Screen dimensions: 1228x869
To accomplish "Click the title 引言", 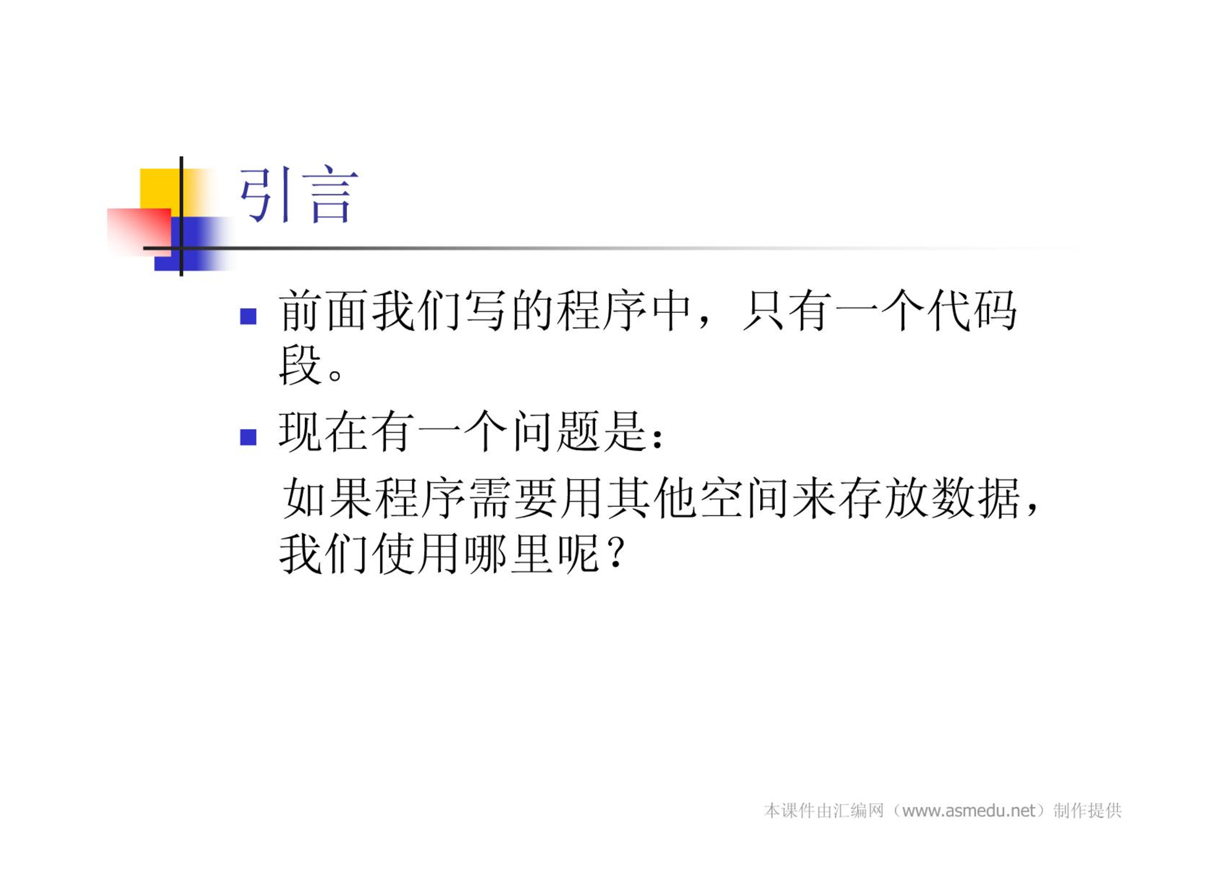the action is pos(299,195).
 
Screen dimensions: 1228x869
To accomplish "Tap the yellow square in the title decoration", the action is pos(161,189).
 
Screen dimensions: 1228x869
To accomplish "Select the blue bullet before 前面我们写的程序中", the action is pos(248,316).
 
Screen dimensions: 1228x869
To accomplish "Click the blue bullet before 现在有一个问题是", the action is pos(248,437).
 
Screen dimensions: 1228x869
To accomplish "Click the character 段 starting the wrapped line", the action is pos(299,365).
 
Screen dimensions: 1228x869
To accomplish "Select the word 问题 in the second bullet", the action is pos(556,432).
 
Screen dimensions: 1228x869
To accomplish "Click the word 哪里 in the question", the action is pos(508,553).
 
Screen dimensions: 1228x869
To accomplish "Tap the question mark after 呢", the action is pos(617,553).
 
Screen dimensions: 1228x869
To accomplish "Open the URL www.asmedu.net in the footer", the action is pos(968,811).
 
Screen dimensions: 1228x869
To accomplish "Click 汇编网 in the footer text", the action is pos(858,811).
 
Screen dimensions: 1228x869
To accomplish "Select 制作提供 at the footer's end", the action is pos(1087,811).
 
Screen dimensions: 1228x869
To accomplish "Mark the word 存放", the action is pos(883,498).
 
